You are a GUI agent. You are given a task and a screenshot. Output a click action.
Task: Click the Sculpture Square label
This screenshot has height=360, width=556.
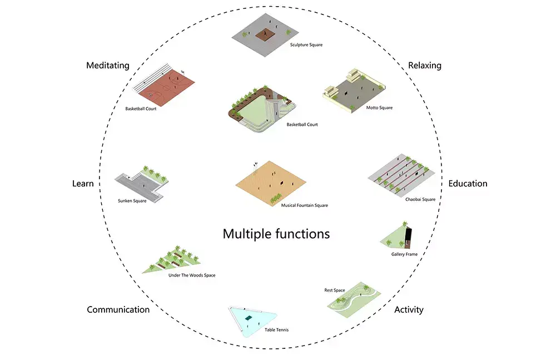point(306,45)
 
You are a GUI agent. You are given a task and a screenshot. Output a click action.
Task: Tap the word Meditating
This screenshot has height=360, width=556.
point(107,66)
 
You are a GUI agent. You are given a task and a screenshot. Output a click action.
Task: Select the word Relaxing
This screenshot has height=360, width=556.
point(424,66)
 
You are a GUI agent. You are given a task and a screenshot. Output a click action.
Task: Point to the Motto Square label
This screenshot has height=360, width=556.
point(379,107)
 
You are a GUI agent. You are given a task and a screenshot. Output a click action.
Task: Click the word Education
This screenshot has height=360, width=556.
point(468,184)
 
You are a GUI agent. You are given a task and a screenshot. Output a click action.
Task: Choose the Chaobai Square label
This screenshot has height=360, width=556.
point(420,199)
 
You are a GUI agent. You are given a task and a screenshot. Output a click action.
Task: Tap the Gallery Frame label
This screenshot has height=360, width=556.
point(404,254)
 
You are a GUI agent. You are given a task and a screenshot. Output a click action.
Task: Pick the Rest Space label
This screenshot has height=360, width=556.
point(335,290)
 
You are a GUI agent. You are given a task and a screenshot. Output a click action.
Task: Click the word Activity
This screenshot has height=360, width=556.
point(409,310)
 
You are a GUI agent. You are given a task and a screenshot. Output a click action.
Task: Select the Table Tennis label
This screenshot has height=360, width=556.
point(276,330)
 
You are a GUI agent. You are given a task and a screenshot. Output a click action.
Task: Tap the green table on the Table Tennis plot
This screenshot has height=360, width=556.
point(249,318)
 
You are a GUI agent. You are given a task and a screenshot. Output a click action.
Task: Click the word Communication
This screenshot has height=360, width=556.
point(118,310)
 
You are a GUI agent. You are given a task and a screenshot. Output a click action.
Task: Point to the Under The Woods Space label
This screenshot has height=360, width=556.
point(191,275)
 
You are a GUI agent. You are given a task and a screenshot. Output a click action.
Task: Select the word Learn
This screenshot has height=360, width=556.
point(83,184)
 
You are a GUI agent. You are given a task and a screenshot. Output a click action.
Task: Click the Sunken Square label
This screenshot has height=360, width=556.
point(132,201)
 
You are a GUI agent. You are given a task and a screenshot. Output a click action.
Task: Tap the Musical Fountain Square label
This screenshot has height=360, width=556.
point(304,205)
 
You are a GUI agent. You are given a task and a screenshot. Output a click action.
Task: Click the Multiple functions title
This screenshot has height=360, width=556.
point(276,234)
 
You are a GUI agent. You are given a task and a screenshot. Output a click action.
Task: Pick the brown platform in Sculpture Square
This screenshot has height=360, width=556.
point(266,34)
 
